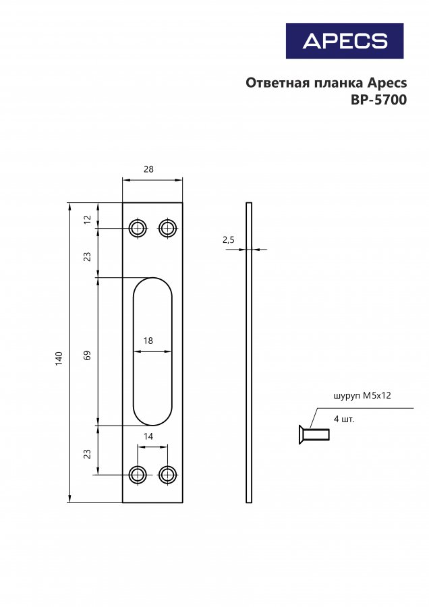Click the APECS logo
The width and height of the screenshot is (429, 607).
pyautogui.click(x=345, y=40)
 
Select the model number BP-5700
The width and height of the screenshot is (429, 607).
pyautogui.click(x=378, y=100)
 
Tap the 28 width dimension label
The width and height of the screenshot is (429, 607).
pyautogui.click(x=148, y=169)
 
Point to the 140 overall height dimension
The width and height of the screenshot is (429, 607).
pyautogui.click(x=59, y=359)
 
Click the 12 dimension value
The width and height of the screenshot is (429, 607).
pyautogui.click(x=88, y=219)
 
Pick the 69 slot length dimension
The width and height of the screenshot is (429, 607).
pyautogui.click(x=88, y=355)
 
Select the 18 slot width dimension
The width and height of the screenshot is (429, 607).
pyautogui.click(x=148, y=341)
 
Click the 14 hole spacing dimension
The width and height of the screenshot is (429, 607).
pyautogui.click(x=148, y=436)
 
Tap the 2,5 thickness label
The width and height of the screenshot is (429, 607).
pyautogui.click(x=229, y=240)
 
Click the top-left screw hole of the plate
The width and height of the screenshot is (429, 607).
pyautogui.click(x=138, y=229)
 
